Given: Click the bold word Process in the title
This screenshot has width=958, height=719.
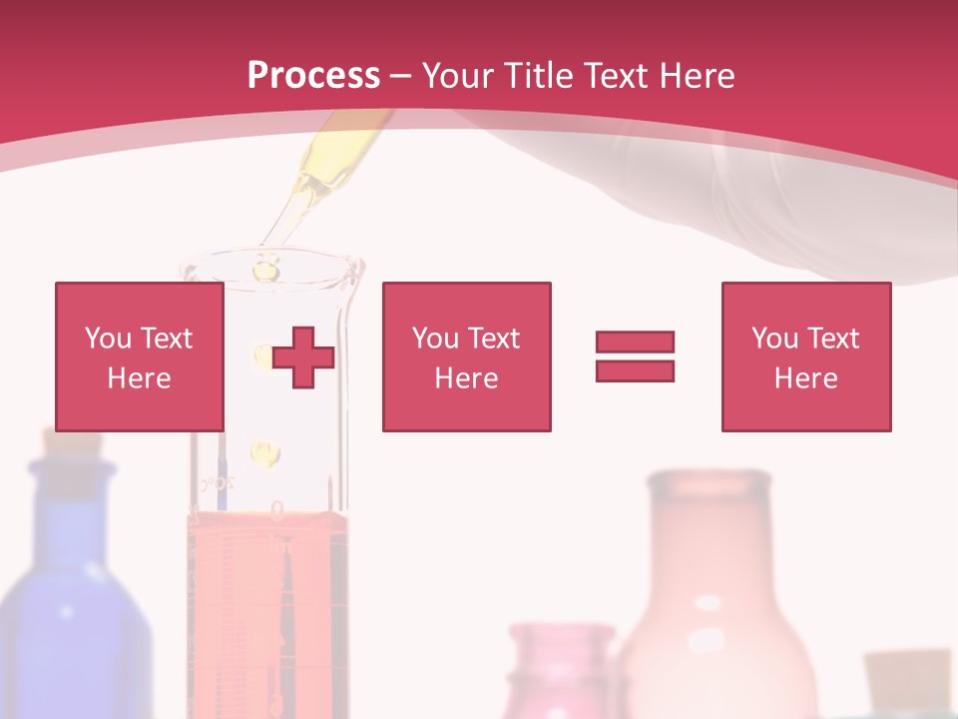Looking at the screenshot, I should coord(313,76).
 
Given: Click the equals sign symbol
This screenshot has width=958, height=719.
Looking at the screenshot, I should coord(635,357).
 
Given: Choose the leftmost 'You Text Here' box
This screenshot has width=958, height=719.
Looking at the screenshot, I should coord(140,357).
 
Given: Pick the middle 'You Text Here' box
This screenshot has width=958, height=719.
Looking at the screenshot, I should coord(466,357).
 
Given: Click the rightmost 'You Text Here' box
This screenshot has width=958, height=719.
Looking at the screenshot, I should coord(806,357).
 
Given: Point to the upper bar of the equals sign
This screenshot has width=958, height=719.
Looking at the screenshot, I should coord(635,342).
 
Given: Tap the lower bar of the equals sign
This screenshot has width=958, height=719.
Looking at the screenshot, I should coord(635,370).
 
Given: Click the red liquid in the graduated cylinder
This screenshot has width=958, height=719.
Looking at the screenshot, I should coord(267,599).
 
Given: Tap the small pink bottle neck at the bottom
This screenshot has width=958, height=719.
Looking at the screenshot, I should coord(562,659).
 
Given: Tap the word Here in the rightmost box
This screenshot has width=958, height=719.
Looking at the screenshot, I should coord(806,378).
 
